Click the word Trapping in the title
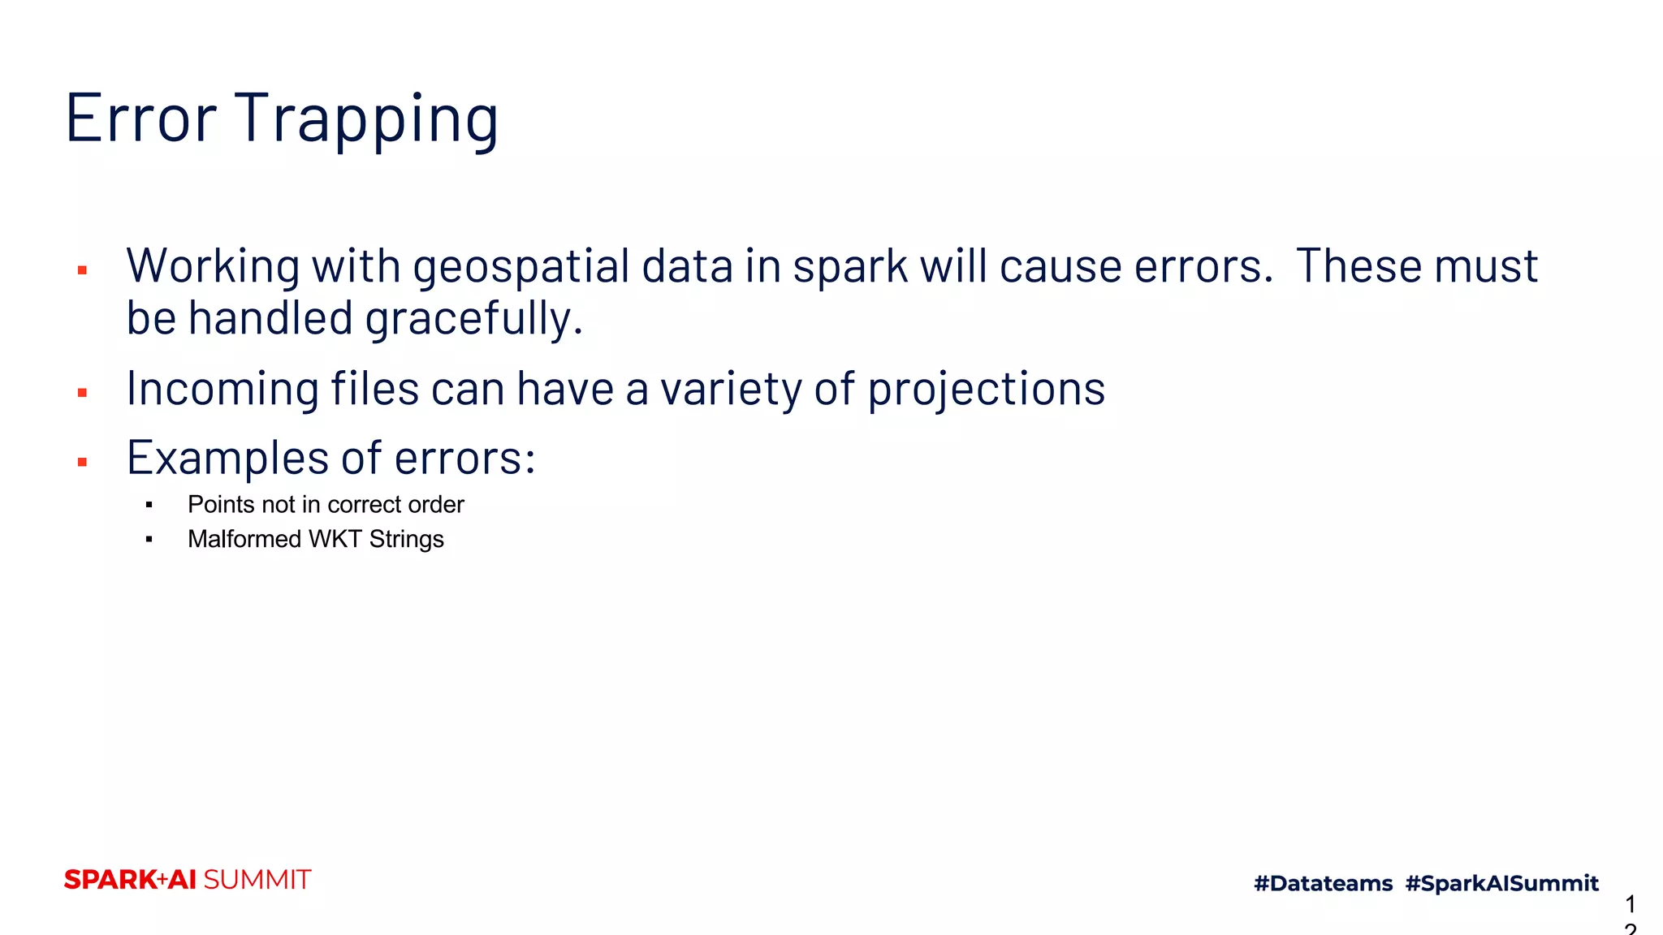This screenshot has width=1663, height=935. pos(366,120)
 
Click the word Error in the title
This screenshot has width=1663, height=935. pos(140,118)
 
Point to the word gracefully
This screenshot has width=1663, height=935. pos(473,319)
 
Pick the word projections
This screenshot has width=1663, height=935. pos(986,390)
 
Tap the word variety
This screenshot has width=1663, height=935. pos(732,390)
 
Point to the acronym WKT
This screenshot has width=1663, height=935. pos(335,540)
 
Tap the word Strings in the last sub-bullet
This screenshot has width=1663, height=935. pos(406,540)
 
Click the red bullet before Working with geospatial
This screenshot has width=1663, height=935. pos(82,270)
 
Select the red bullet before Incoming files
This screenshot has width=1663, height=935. pos(82,393)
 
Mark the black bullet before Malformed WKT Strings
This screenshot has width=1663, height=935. pos(149,540)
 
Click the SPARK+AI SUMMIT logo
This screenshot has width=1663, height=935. pos(188,880)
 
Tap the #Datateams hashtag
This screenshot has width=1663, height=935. pos(1323,883)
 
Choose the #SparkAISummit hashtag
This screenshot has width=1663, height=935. pos(1501,883)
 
